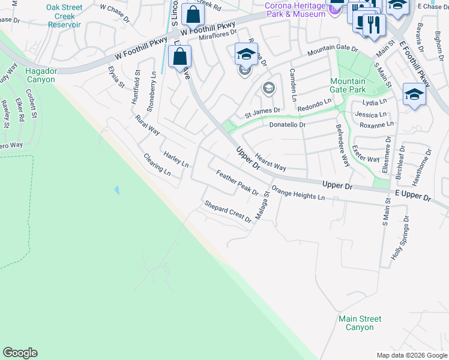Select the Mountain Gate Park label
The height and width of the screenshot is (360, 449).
coord(348,85)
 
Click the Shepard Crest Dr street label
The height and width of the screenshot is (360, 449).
coord(228,212)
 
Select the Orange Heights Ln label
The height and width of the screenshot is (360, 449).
coord(298,193)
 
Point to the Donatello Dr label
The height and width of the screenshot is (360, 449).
coord(288,125)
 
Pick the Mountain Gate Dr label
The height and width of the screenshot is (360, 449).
coord(332,51)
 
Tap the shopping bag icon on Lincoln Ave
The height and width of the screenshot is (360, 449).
coord(179,58)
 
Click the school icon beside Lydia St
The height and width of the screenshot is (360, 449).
coord(414,94)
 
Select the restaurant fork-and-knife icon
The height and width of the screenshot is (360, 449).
coord(373,25)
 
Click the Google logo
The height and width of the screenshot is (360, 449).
coord(20,353)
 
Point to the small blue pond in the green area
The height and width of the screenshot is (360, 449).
coord(116,190)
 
